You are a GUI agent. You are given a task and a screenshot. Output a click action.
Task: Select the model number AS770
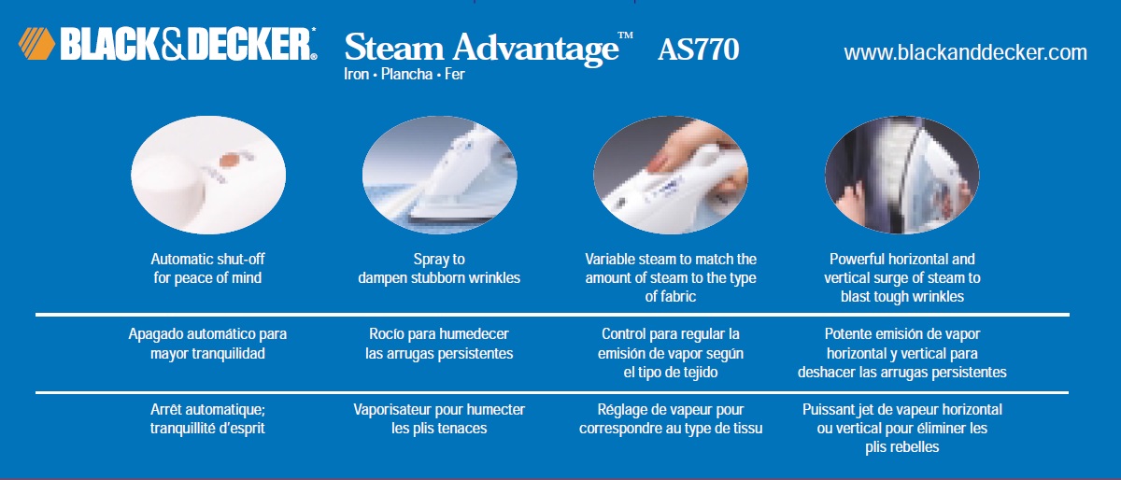click(698, 49)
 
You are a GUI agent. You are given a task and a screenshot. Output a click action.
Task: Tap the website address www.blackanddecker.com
click(965, 53)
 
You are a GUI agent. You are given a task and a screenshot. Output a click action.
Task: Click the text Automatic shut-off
click(208, 259)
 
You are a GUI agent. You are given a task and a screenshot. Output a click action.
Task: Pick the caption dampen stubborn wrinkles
click(439, 277)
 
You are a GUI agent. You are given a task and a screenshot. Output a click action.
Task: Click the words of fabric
click(671, 296)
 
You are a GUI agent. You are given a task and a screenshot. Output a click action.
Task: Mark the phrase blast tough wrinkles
click(901, 296)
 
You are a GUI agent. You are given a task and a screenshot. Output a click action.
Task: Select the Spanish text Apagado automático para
click(208, 334)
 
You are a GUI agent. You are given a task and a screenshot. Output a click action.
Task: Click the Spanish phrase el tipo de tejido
click(671, 372)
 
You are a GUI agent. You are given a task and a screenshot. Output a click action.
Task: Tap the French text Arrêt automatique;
click(208, 410)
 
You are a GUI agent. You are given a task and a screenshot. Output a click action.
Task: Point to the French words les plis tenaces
click(439, 429)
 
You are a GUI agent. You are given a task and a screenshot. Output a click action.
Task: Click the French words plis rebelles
click(901, 447)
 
